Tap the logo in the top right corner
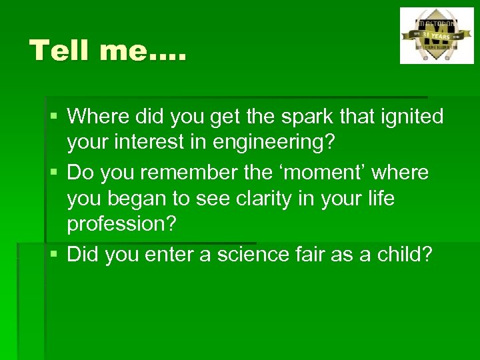click(436, 35)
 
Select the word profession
click(122, 225)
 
